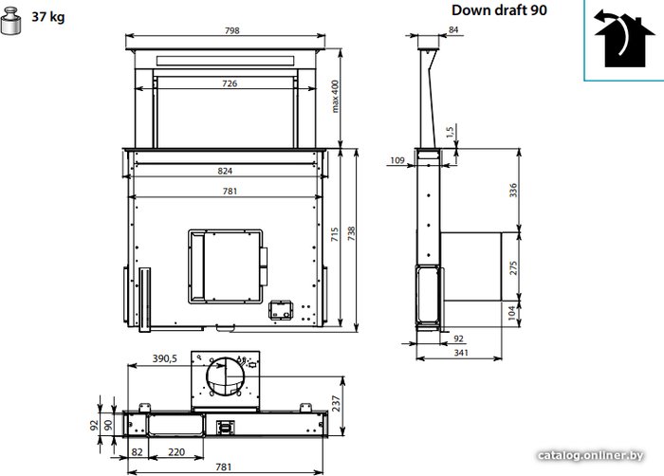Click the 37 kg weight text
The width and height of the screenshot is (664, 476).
point(48,17)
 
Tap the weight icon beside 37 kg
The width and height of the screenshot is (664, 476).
point(11,20)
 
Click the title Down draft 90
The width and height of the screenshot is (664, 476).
point(499,10)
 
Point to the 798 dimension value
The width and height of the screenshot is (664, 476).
point(232,30)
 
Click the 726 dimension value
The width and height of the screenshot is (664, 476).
point(230,83)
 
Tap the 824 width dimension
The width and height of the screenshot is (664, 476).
point(225,171)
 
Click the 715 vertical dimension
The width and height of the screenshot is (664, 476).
point(335,234)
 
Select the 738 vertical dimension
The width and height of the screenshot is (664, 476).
point(351,234)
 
